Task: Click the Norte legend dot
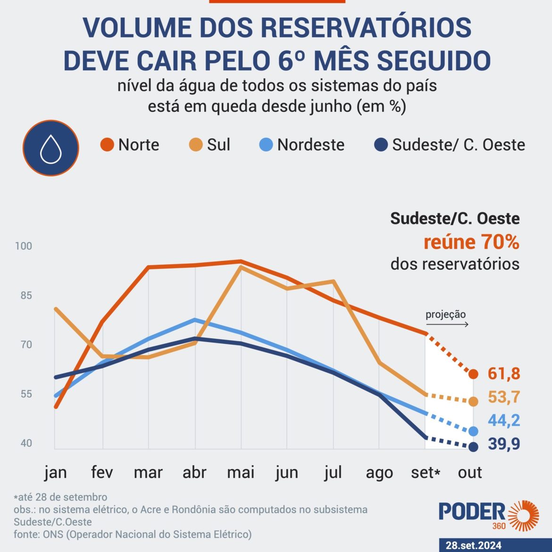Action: pyautogui.click(x=107, y=144)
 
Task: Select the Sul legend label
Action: pyautogui.click(x=218, y=144)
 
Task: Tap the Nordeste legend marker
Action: pyautogui.click(x=266, y=144)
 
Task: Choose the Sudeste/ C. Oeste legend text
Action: pyautogui.click(x=458, y=144)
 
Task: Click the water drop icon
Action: pyautogui.click(x=51, y=148)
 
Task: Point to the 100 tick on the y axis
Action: pyautogui.click(x=23, y=246)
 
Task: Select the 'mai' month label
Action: pyautogui.click(x=241, y=472)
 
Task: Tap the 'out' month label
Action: pyautogui.click(x=470, y=472)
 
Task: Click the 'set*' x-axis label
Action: pyautogui.click(x=425, y=472)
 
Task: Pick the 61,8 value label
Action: pyautogui.click(x=504, y=374)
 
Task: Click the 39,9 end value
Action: pyautogui.click(x=504, y=444)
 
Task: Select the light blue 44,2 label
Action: pyautogui.click(x=504, y=420)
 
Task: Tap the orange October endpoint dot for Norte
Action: pyautogui.click(x=473, y=374)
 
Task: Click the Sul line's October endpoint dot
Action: pyautogui.click(x=473, y=401)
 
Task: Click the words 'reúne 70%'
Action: pyautogui.click(x=471, y=242)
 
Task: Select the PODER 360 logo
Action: pyautogui.click(x=489, y=515)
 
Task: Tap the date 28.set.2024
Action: pyautogui.click(x=473, y=545)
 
